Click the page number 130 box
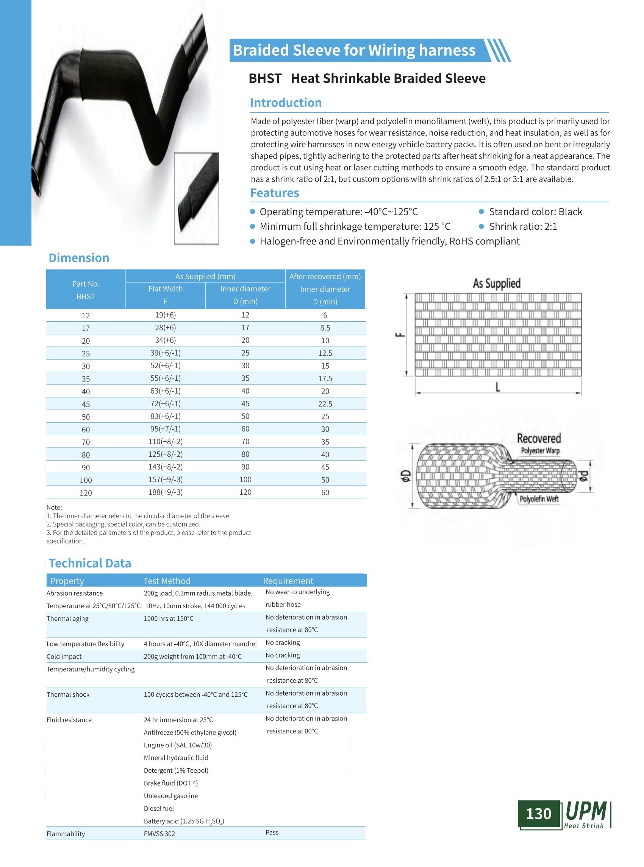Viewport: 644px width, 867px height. coord(538,814)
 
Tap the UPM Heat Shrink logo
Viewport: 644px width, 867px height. coord(586,814)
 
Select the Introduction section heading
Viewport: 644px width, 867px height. coord(286,103)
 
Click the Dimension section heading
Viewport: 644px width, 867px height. coord(79,258)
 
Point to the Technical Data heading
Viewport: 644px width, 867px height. coord(90,563)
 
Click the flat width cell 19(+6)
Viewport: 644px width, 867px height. coord(165,315)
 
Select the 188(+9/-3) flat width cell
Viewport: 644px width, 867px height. coord(165,492)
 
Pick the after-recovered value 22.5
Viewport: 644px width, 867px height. coord(325,404)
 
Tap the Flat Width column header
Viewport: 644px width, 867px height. coord(165,289)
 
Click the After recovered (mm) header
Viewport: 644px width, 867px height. coord(325,277)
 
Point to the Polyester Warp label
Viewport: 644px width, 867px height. coord(540,451)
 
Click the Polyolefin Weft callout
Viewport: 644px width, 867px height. coord(539,499)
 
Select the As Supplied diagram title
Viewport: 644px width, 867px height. coord(497,283)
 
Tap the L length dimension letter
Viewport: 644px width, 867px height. coord(498,387)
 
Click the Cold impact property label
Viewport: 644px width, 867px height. coord(64,657)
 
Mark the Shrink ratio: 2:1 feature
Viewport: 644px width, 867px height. coord(523,227)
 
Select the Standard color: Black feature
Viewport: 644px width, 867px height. coord(535,212)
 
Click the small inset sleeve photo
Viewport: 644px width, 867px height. coord(197,198)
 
